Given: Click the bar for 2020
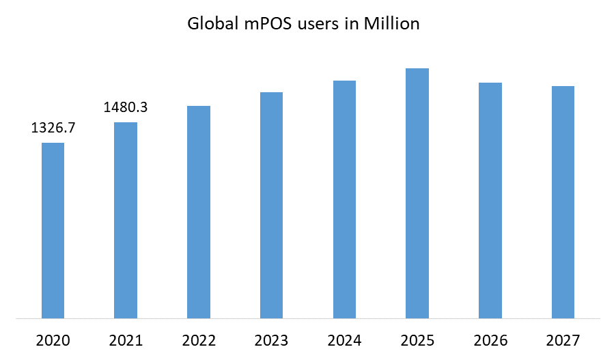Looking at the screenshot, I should [x=53, y=230].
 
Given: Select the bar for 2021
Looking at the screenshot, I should [x=126, y=220].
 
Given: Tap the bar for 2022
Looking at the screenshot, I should [x=199, y=212].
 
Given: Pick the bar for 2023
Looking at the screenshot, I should [x=271, y=205].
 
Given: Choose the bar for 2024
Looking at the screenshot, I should [x=344, y=199].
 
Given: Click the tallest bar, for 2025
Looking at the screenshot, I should [x=417, y=193].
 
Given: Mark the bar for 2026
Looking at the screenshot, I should [x=490, y=200].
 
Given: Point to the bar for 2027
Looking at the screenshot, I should [x=563, y=202].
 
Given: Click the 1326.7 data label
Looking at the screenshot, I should [x=53, y=128].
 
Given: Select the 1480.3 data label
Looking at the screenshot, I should [x=126, y=107].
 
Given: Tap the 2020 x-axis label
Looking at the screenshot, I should [x=53, y=340].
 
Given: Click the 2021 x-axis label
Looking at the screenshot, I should [x=126, y=340].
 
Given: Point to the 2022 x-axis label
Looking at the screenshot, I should [x=199, y=340].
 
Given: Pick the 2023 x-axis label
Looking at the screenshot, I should [x=271, y=340].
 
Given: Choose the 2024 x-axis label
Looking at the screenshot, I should [x=344, y=340].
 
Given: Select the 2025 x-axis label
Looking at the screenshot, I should [x=417, y=340].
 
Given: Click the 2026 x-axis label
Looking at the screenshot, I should [x=490, y=340].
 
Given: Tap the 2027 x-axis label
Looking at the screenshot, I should [x=563, y=340].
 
